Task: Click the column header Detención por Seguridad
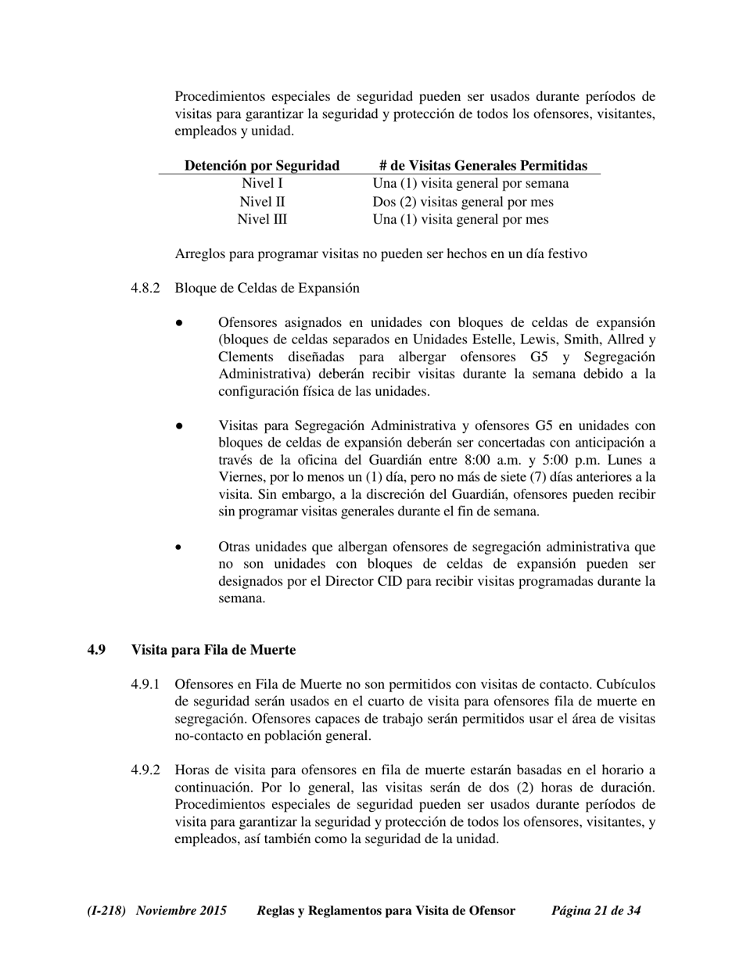(x=261, y=165)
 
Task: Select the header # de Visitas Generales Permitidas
(x=483, y=165)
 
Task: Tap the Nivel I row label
(x=262, y=184)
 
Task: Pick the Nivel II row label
(x=262, y=202)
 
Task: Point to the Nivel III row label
(x=262, y=220)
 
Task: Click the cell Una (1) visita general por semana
(x=471, y=184)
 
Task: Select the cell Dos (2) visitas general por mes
(x=463, y=202)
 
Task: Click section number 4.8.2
(x=145, y=288)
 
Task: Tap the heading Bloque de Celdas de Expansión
(x=267, y=288)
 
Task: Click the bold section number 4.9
(x=96, y=650)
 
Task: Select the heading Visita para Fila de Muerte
(x=214, y=650)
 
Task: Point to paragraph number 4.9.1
(x=145, y=684)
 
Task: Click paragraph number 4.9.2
(x=145, y=770)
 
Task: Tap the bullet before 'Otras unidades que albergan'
(x=179, y=547)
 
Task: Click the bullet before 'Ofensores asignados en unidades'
(x=179, y=323)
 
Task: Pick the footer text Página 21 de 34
(x=596, y=910)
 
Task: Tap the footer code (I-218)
(x=106, y=910)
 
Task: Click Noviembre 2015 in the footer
(x=181, y=910)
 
